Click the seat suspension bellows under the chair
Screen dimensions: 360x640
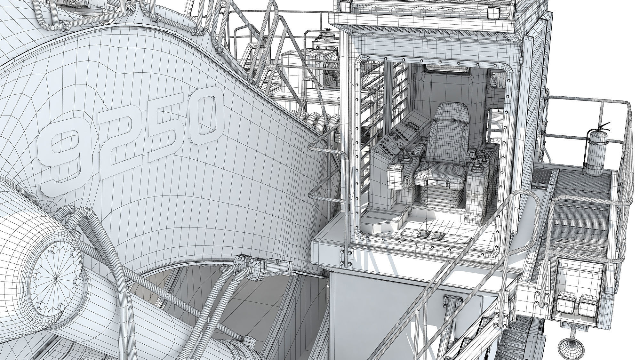[x=441, y=205]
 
